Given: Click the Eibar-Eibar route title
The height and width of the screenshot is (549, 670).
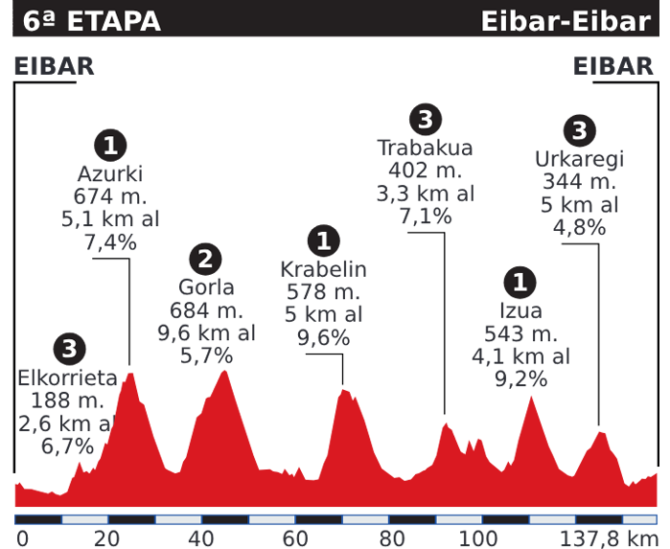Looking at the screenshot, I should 566,20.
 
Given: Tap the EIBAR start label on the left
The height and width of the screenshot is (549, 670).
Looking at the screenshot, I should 54,66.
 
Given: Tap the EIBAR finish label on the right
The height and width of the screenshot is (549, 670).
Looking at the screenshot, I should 613,66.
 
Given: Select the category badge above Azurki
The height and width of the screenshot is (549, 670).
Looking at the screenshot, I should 110,146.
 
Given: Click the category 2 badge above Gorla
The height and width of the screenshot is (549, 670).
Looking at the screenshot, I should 206,258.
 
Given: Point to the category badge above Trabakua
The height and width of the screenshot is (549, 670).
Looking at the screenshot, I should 425,120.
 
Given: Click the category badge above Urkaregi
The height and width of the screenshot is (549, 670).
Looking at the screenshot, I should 578,130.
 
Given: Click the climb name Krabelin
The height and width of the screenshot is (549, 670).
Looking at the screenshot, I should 324,269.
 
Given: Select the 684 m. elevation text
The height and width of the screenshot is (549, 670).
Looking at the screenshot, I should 206,310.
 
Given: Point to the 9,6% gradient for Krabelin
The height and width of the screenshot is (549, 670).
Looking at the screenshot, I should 324,337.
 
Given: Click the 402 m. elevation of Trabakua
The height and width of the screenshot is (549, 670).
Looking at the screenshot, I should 426,172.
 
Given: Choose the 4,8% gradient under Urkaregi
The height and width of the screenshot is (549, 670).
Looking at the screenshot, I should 579,228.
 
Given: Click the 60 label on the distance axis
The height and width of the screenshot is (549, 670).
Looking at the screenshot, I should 294,538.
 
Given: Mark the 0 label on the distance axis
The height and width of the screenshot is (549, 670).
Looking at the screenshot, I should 22,538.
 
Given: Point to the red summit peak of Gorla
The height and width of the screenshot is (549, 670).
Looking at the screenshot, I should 225,372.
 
